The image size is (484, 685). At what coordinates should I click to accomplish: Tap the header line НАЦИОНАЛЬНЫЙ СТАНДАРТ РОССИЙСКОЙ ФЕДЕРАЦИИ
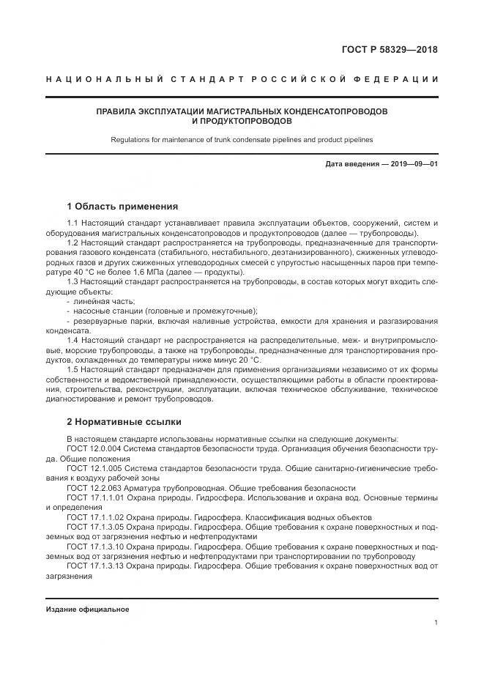tap(242, 79)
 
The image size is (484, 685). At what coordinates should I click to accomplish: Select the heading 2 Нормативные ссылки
tap(124, 422)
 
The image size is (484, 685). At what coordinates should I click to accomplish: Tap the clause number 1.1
tap(72, 222)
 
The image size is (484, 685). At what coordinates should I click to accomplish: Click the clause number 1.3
tap(72, 281)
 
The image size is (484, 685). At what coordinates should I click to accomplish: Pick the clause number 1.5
tap(72, 369)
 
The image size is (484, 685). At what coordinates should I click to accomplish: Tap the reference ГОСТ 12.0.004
tap(94, 448)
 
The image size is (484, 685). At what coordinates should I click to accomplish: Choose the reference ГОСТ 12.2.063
tap(94, 487)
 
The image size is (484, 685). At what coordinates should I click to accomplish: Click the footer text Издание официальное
tap(87, 610)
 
